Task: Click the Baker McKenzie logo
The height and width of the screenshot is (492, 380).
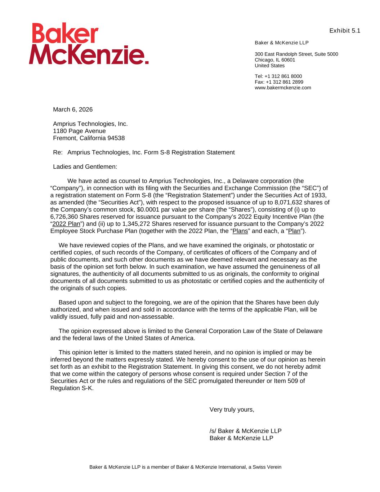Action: [x=89, y=44]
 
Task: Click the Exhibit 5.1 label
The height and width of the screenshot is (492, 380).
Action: [x=345, y=31]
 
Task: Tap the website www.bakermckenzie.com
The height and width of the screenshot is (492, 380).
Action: [x=283, y=88]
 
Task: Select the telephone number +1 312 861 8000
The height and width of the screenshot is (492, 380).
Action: [x=283, y=76]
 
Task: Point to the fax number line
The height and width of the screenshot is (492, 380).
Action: [x=279, y=82]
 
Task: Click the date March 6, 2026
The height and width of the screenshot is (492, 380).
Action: [x=73, y=110]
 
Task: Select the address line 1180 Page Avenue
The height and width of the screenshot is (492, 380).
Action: [x=79, y=131]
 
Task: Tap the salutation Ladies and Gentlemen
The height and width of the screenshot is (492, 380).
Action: [x=85, y=167]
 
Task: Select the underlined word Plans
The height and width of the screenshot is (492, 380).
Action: [x=240, y=231]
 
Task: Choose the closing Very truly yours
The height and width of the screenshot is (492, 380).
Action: [x=232, y=409]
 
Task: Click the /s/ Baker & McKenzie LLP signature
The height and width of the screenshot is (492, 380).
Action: [x=245, y=431]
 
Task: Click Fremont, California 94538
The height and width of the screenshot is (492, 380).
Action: [x=89, y=138]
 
